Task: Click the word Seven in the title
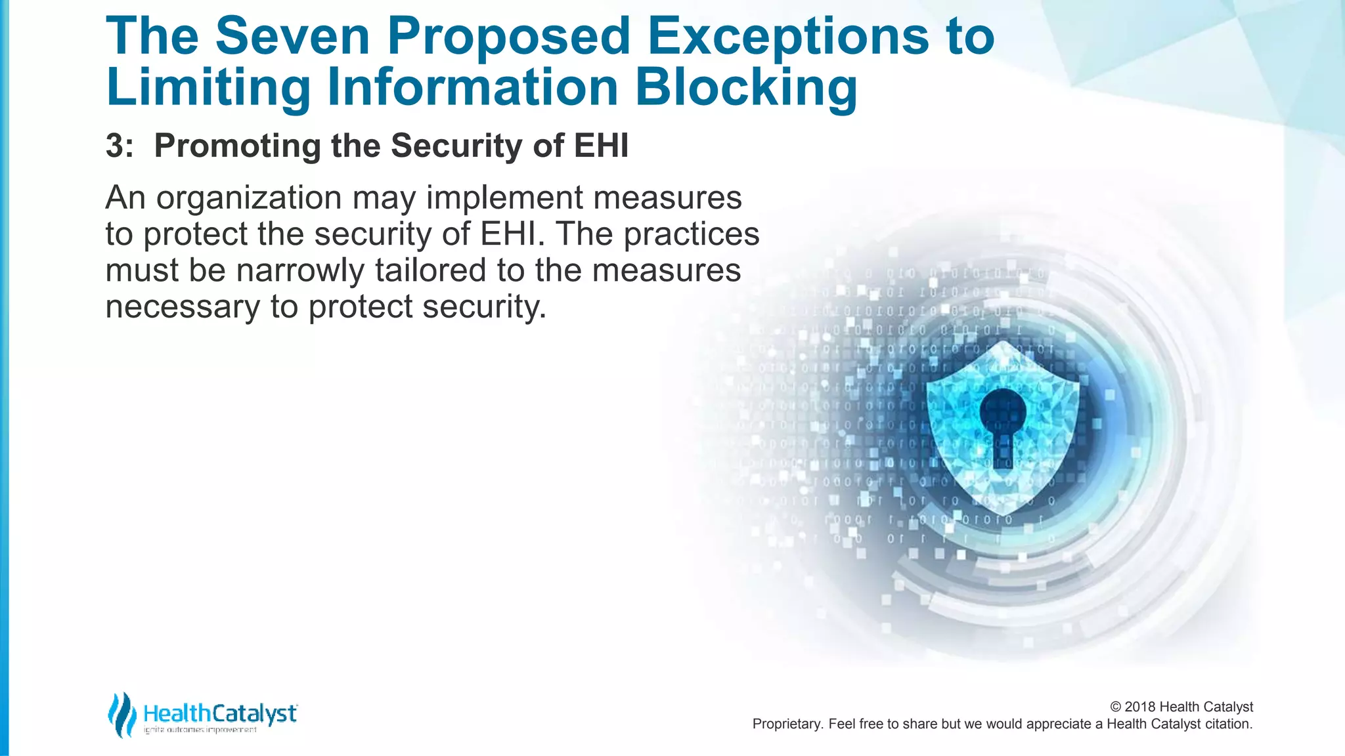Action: coord(292,36)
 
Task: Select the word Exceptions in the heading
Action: coord(787,36)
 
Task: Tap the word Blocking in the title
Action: coord(746,88)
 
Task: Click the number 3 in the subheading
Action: coord(115,146)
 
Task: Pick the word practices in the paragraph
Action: coord(692,235)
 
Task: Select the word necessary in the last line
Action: coord(183,307)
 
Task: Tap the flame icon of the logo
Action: coord(121,715)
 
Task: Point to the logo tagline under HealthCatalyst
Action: coord(200,730)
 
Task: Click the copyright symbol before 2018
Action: coord(1116,707)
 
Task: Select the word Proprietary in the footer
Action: coord(787,724)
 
